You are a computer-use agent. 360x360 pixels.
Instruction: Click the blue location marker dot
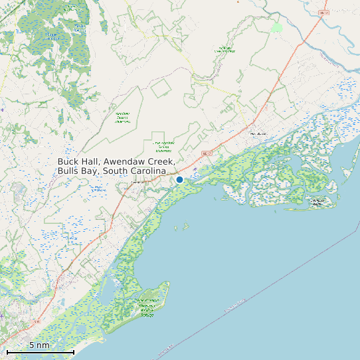[179, 179]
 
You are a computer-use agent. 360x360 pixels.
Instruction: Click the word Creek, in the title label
[162, 161]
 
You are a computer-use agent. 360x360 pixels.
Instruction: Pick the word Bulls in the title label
[69, 171]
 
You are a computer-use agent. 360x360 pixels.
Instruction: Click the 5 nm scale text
[39, 345]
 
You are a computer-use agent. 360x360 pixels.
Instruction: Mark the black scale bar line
[40, 351]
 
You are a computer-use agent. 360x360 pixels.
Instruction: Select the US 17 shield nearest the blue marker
[206, 154]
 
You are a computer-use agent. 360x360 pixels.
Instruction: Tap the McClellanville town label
[257, 134]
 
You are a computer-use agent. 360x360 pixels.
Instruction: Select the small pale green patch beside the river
[276, 27]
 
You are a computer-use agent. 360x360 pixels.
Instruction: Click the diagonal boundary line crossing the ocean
[266, 286]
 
